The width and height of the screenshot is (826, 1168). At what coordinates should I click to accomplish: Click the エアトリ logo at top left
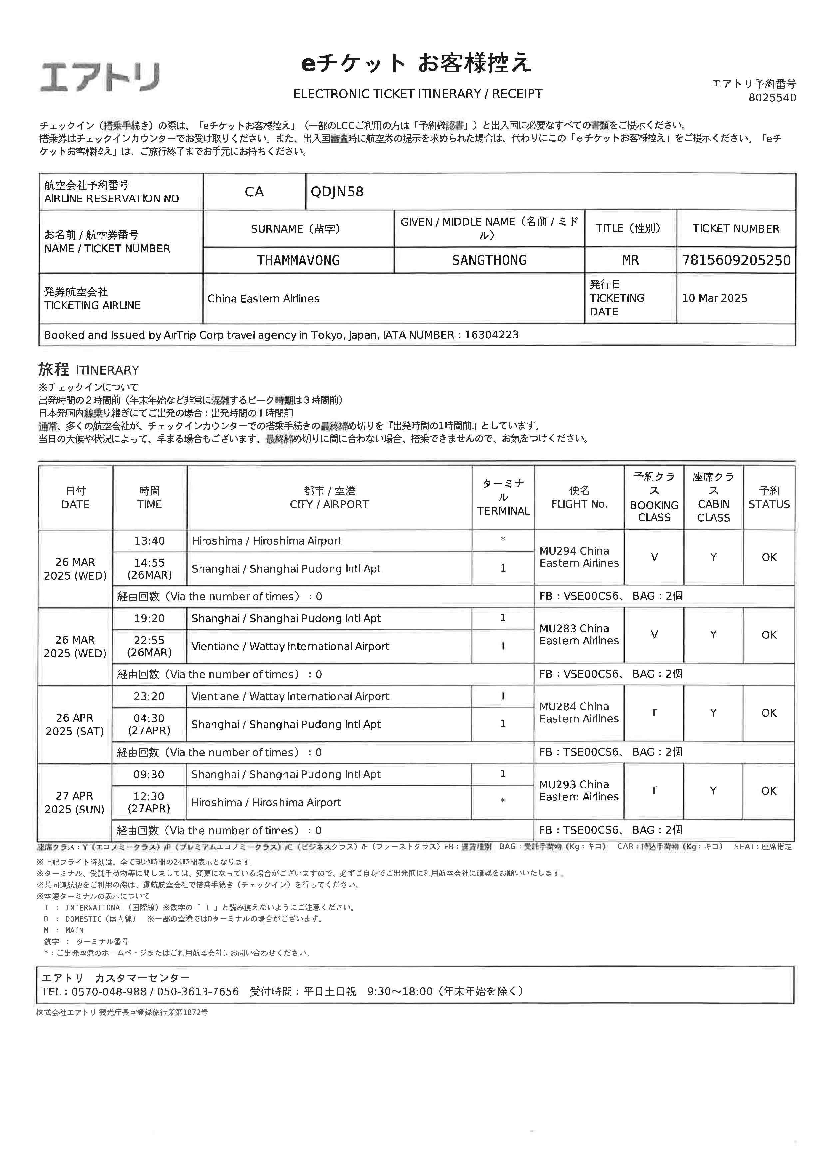tap(100, 77)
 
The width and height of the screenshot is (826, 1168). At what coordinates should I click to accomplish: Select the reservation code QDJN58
tap(337, 192)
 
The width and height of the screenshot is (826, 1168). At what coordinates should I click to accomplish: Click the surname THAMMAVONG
tap(298, 260)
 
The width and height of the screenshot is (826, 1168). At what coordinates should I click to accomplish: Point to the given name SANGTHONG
tap(489, 260)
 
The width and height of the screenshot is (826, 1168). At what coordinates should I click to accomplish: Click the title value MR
tap(630, 260)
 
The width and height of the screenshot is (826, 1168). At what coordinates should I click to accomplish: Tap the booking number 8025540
tap(772, 98)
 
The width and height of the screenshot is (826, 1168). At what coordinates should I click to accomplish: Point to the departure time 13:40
tap(149, 541)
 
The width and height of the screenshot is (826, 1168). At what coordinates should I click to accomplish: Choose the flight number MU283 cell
tap(579, 635)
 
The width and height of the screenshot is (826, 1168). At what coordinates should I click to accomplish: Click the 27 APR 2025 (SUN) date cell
tap(75, 803)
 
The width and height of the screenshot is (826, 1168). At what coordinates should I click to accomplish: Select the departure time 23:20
tap(149, 696)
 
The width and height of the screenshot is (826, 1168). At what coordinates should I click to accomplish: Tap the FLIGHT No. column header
tap(579, 498)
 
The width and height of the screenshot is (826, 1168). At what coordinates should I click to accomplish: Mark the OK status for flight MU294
tap(768, 558)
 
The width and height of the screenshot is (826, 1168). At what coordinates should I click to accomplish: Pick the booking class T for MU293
tap(653, 791)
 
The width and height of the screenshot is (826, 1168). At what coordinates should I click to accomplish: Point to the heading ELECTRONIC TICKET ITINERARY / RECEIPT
tap(418, 94)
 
